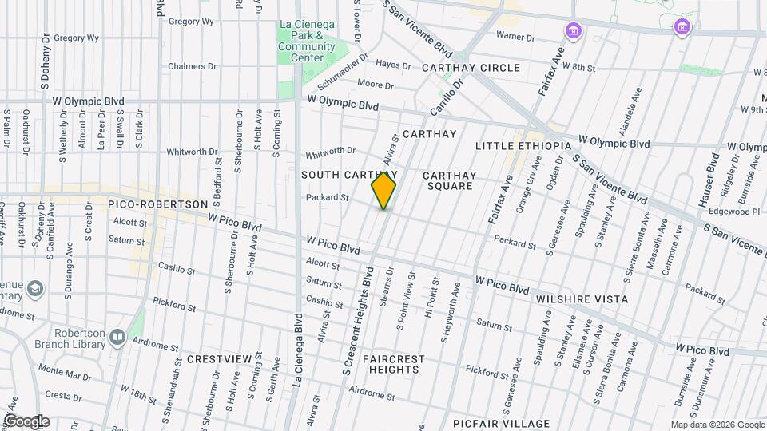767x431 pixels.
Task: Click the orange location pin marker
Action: click(383, 191)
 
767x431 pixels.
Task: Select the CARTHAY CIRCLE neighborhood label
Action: click(471, 68)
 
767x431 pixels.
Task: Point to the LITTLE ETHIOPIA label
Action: click(523, 146)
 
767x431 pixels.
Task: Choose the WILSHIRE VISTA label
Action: click(582, 299)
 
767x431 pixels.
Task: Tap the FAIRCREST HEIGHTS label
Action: click(393, 366)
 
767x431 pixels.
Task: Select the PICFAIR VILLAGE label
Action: click(501, 424)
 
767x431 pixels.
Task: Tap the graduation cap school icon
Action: click(35, 287)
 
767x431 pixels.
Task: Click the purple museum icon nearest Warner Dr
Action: click(572, 31)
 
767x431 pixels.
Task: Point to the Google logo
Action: click(26, 421)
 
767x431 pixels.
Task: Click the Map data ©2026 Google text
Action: click(717, 425)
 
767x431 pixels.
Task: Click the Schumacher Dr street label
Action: click(342, 73)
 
